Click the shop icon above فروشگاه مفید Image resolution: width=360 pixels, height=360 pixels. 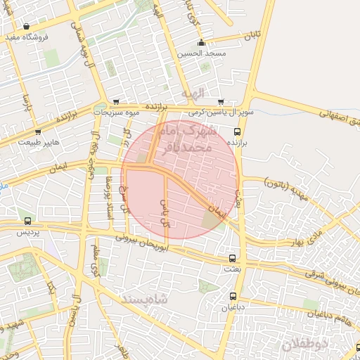pos(26,27)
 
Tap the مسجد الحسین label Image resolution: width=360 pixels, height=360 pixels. pos(202,53)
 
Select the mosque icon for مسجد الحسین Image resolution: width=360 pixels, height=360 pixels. pos(202,42)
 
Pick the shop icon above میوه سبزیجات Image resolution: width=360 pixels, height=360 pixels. pos(116,102)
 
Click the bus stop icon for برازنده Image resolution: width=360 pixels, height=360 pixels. pos(236,131)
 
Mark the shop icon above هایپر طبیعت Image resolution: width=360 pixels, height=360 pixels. pos(37,131)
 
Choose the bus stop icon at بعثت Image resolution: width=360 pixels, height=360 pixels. pos(233,258)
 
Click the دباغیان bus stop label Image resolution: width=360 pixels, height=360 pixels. pos(233,307)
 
